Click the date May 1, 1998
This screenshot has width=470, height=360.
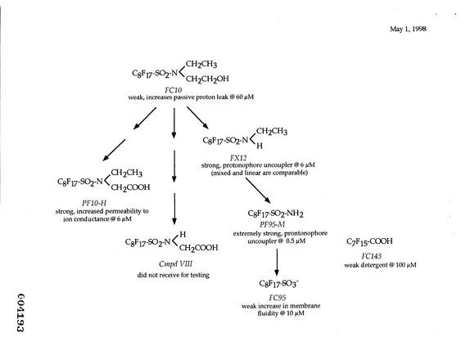pyautogui.click(x=408, y=29)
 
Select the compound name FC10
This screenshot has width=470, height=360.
pyautogui.click(x=174, y=90)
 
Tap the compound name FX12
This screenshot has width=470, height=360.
pyautogui.click(x=238, y=158)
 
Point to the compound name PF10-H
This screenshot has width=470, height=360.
pyautogui.click(x=94, y=204)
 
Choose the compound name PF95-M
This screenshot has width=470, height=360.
pyautogui.click(x=273, y=224)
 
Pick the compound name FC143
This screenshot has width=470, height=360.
pyautogui.click(x=372, y=256)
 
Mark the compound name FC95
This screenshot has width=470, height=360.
pyautogui.click(x=278, y=297)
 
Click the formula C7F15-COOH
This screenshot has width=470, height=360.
pyautogui.click(x=369, y=241)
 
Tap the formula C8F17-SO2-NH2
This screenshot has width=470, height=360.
pyautogui.click(x=275, y=214)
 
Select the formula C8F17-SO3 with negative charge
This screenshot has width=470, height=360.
pyautogui.click(x=279, y=283)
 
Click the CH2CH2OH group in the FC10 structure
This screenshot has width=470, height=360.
pyautogui.click(x=207, y=79)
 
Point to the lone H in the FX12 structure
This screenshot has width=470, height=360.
pyautogui.click(x=260, y=146)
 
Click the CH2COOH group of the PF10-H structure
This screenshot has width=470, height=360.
pyautogui.click(x=130, y=188)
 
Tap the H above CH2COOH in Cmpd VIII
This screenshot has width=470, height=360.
pyautogui.click(x=183, y=234)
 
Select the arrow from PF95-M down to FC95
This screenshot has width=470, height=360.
pyautogui.click(x=277, y=262)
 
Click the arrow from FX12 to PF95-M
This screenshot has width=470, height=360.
pyautogui.click(x=258, y=191)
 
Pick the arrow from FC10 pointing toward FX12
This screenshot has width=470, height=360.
pyautogui.click(x=198, y=118)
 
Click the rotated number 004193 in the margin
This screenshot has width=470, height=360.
pyautogui.click(x=20, y=313)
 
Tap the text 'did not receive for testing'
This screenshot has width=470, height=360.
pyautogui.click(x=174, y=275)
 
